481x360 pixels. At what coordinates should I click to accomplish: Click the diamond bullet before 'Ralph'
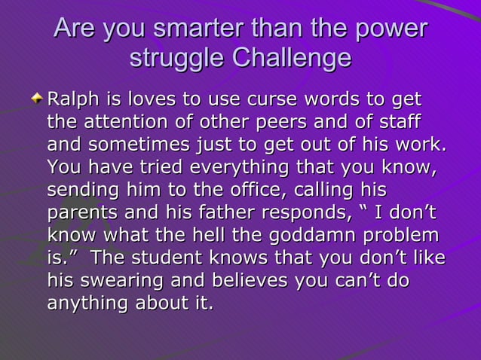(37, 101)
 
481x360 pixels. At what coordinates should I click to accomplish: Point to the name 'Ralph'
(70, 100)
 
